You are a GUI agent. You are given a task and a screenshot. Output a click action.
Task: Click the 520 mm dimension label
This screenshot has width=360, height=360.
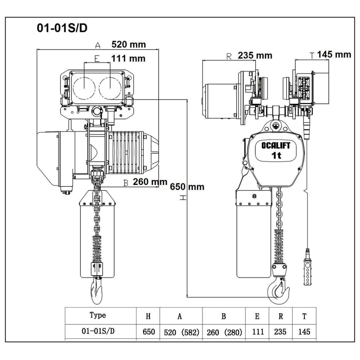pyautogui.click(x=129, y=45)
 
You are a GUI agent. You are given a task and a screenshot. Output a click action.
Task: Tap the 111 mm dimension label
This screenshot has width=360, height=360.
pyautogui.click(x=129, y=58)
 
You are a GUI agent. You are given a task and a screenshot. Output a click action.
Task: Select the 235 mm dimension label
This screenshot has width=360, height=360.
pyautogui.click(x=255, y=55)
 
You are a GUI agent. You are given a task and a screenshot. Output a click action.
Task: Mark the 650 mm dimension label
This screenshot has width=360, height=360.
pyautogui.click(x=187, y=187)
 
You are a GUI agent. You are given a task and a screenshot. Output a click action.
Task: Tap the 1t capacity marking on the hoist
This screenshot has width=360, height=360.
pyautogui.click(x=276, y=156)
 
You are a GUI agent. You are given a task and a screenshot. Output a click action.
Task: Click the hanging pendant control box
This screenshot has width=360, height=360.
pyautogui.click(x=307, y=266)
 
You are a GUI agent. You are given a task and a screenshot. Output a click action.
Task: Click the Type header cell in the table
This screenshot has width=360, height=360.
pyautogui.click(x=98, y=315)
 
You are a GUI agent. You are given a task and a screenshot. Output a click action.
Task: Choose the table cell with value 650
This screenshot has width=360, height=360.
pyautogui.click(x=148, y=332)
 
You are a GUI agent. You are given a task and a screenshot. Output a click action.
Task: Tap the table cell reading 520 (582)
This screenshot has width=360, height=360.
pyautogui.click(x=181, y=332)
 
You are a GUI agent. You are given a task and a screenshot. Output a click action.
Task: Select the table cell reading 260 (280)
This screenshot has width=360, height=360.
pyautogui.click(x=224, y=332)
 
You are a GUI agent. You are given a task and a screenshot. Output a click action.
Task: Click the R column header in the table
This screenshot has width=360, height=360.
pyautogui.click(x=280, y=316)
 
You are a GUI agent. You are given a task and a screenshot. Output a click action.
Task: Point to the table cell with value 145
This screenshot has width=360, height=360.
pyautogui.click(x=304, y=332)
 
